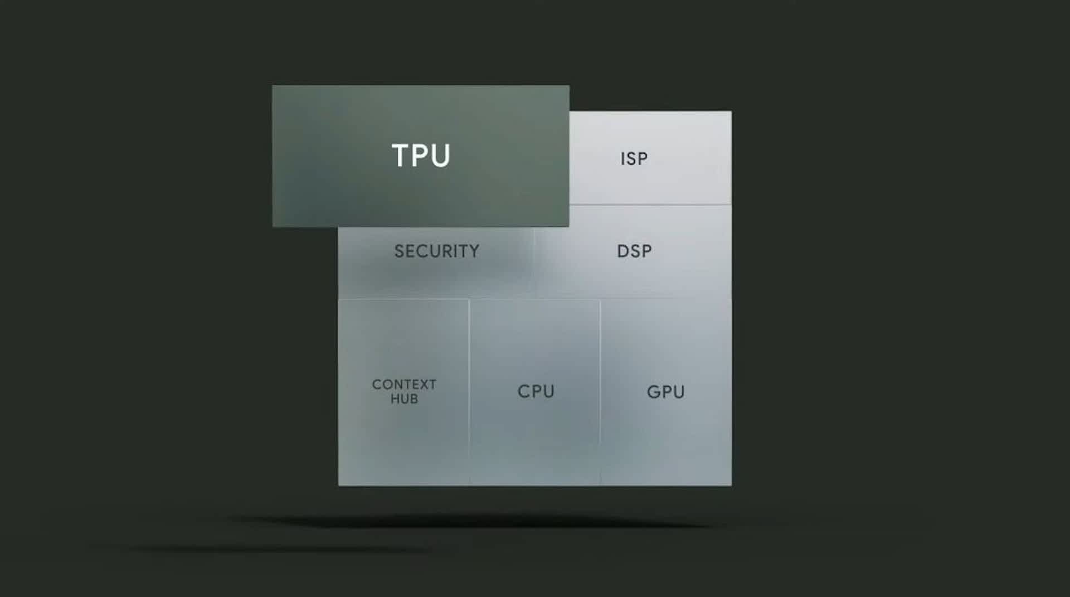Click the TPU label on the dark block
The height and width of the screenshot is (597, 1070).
(421, 156)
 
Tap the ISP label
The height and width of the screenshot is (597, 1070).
(634, 159)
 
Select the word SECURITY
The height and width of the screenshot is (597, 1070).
(436, 251)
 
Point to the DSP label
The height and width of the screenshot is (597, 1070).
(634, 251)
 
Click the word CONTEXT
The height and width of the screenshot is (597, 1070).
(404, 385)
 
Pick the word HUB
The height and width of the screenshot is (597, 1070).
(404, 399)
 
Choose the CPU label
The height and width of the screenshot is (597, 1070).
(536, 391)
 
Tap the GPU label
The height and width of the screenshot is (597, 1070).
(665, 392)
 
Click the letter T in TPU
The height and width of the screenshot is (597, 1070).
(400, 156)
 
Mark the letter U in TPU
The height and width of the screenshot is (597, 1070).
(440, 156)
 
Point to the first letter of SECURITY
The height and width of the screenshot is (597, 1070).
(399, 251)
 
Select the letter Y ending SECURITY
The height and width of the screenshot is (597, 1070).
(474, 251)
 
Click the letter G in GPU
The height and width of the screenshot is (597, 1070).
(654, 392)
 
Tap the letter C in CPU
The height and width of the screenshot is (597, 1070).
(524, 391)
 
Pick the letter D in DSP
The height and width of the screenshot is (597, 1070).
(622, 251)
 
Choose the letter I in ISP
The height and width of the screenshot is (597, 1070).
(622, 159)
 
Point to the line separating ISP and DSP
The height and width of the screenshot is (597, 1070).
(650, 205)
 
